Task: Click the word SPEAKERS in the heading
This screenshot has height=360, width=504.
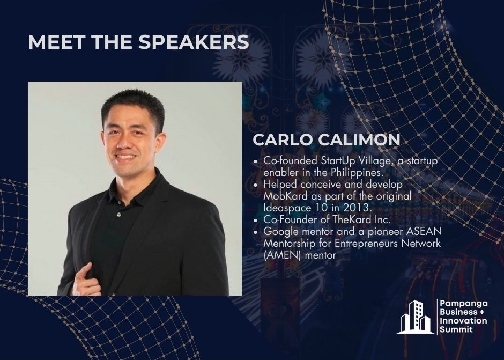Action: pos(194,42)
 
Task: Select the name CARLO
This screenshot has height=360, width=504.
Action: pos(282,139)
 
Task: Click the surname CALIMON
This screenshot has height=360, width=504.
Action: pos(359,139)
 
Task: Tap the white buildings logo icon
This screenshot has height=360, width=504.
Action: pos(415,317)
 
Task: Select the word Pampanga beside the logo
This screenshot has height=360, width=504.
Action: pos(464,304)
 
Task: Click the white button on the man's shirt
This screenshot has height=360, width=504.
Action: pos(118,214)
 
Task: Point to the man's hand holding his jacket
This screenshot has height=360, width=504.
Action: pos(83,279)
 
